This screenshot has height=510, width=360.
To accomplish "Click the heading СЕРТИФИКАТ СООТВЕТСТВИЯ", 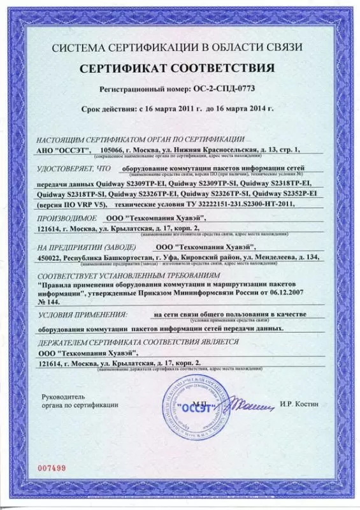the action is [x=180, y=68].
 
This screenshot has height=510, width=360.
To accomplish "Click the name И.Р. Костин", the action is [x=298, y=404].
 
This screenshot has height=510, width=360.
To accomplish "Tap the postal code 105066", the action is [x=113, y=149].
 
